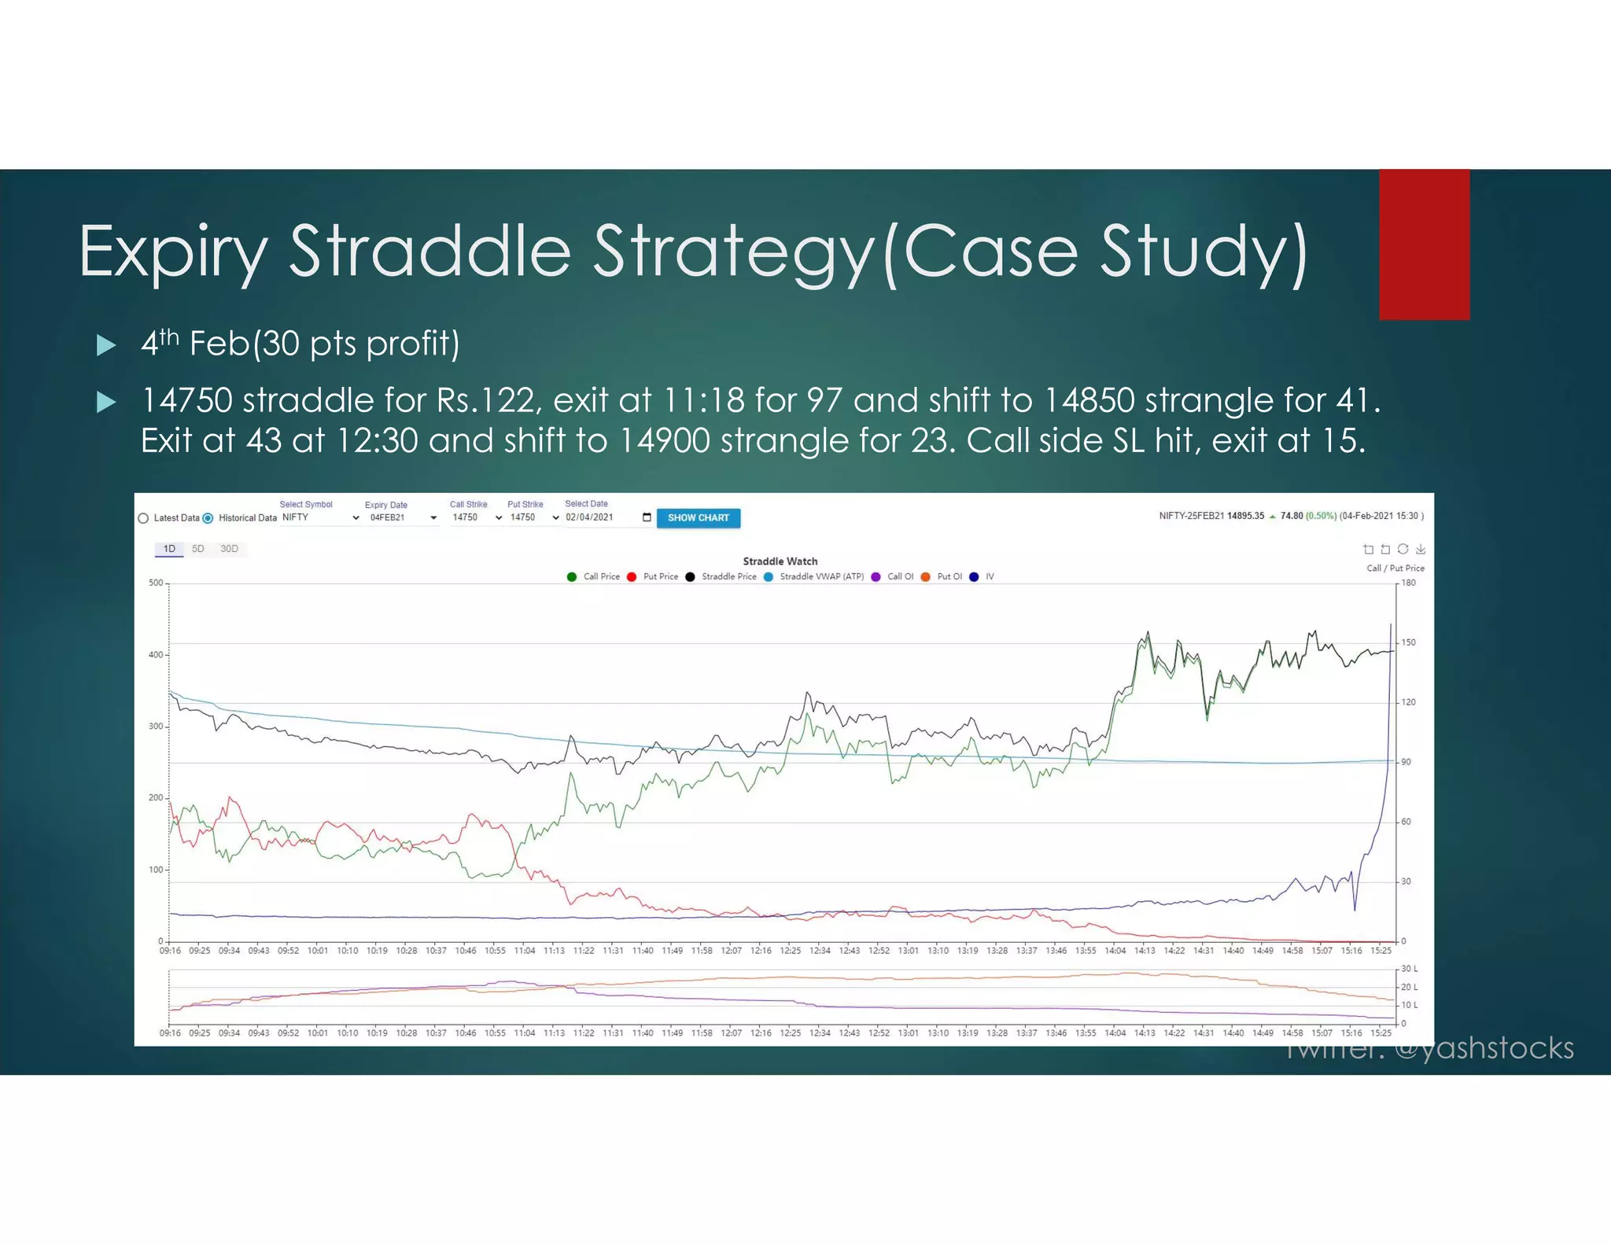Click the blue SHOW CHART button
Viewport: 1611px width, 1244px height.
tap(698, 517)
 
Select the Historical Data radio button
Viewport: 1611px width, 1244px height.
tap(208, 518)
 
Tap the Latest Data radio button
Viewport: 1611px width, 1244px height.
tap(143, 518)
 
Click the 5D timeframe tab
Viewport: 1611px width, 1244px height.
tap(198, 549)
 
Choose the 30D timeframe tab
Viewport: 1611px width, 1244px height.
tap(229, 549)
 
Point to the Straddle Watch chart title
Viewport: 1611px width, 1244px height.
tap(780, 561)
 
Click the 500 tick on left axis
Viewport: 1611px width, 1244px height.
tap(156, 583)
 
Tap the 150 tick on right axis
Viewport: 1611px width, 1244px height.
tap(1408, 642)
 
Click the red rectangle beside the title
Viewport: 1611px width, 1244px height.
tap(1424, 245)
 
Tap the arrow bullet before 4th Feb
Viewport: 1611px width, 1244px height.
tap(106, 345)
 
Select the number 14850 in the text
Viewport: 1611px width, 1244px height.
tap(1089, 400)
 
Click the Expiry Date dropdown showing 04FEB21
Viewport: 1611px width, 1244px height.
tap(401, 517)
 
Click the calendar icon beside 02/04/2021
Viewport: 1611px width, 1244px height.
tap(647, 517)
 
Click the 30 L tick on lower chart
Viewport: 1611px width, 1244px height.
tap(1409, 969)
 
